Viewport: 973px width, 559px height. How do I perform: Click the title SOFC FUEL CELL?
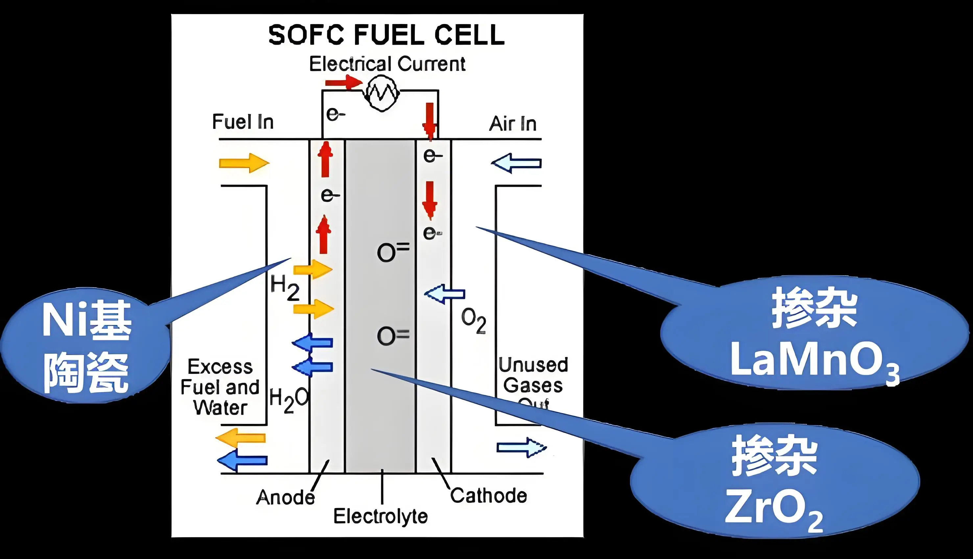(x=386, y=35)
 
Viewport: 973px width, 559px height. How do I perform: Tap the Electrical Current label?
(x=387, y=64)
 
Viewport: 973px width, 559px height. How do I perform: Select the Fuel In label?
(x=243, y=122)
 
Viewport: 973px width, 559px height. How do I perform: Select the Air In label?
(x=512, y=124)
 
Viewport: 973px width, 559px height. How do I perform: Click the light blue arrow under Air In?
(x=516, y=163)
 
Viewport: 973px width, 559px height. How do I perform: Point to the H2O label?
(x=289, y=400)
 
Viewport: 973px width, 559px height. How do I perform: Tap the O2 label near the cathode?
(x=473, y=321)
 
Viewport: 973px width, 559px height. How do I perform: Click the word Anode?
(x=285, y=497)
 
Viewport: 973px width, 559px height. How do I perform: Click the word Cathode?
(x=488, y=495)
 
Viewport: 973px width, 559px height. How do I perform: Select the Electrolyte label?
(x=380, y=516)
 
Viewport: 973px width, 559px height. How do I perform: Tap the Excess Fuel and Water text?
(x=220, y=387)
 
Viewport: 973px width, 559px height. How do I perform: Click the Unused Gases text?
(x=533, y=375)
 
